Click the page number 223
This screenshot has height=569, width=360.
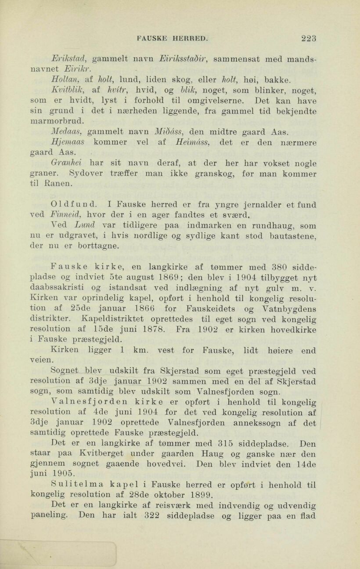(309, 38)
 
